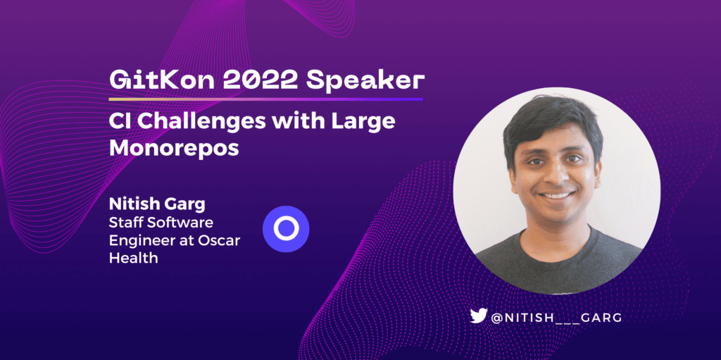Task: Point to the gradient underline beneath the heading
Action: [x=265, y=99]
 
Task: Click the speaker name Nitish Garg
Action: [x=157, y=205]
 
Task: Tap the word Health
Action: [x=133, y=258]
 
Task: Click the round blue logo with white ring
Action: [x=286, y=229]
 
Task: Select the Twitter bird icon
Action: [x=478, y=316]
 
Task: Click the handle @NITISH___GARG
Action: [x=557, y=317]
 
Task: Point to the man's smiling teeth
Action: [x=556, y=196]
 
